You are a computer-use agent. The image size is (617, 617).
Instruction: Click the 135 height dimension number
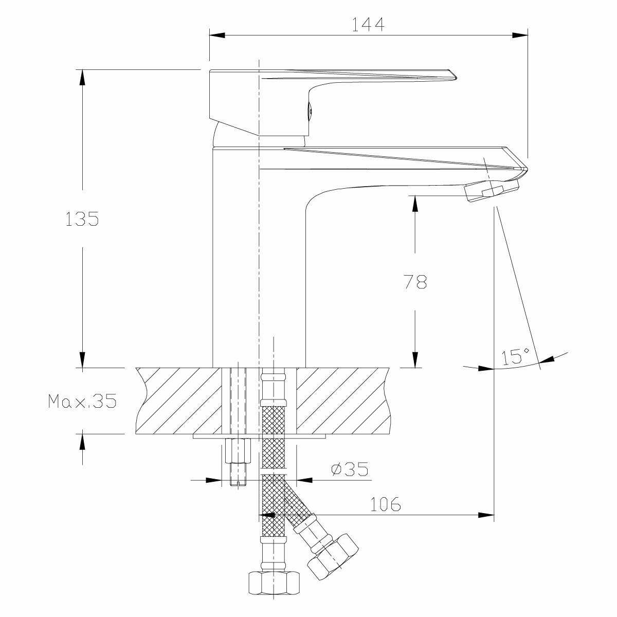[82, 219]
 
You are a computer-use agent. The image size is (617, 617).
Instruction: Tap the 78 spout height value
[415, 282]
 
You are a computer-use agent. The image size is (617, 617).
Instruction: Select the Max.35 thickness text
[82, 401]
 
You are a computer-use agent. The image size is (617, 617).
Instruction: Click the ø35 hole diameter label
[350, 469]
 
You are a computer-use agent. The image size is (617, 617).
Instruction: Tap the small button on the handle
[310, 111]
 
